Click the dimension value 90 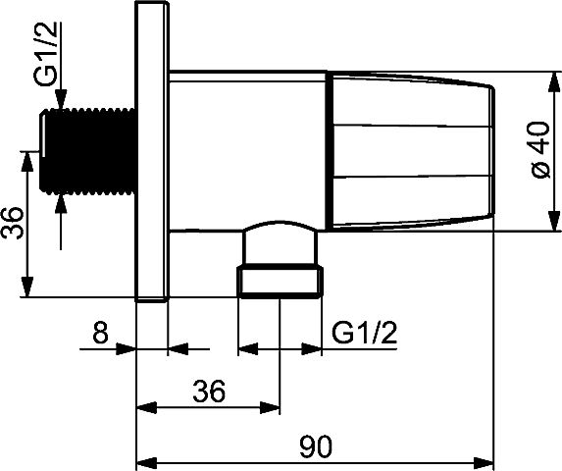316,446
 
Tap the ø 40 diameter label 540,149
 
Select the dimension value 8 100,333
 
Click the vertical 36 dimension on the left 13,223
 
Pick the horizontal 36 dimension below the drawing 209,391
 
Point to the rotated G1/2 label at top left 46,54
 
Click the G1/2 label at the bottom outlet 365,333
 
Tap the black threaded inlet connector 87,152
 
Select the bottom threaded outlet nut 280,281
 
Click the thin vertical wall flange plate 152,151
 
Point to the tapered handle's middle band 412,151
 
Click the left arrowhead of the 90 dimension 147,461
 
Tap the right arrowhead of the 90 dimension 484,461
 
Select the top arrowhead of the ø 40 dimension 554,82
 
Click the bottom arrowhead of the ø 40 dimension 554,221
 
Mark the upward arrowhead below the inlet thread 61,204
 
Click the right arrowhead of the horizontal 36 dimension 270,408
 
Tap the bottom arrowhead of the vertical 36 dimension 26,287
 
